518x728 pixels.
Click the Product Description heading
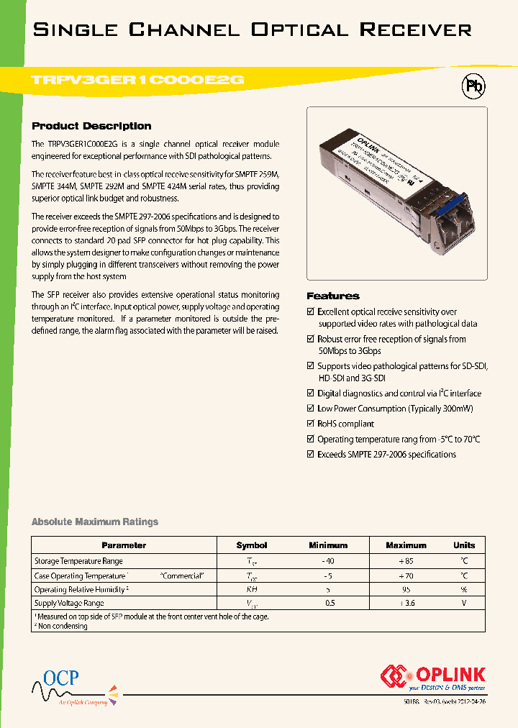tap(91, 126)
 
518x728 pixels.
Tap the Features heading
tap(332, 296)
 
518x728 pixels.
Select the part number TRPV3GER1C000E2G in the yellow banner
tap(139, 81)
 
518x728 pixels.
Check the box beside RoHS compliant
tap(311, 424)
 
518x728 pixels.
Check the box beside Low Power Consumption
tap(311, 409)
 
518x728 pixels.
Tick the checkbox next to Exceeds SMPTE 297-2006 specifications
tap(311, 455)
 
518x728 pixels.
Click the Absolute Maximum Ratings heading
tap(95, 522)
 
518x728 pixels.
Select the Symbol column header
tap(251, 545)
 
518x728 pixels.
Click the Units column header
tap(464, 545)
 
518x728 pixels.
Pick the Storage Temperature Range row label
tap(78, 561)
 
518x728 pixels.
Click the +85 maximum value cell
tap(406, 561)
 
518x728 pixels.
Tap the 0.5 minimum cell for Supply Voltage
tap(329, 604)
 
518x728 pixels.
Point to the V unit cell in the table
tap(464, 604)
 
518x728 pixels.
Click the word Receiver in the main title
tap(415, 29)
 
